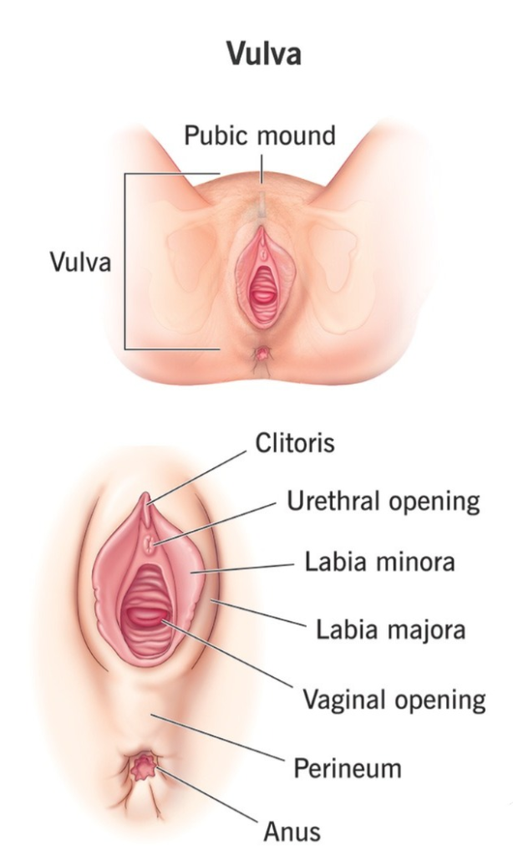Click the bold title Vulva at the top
coord(263,54)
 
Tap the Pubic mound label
coord(260,135)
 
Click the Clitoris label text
coord(294,442)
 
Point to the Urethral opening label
coord(383,502)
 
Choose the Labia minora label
coord(380,562)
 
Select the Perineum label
coord(348,767)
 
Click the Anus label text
coord(292,831)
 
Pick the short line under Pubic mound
coord(261,166)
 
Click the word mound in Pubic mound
coord(297,135)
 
